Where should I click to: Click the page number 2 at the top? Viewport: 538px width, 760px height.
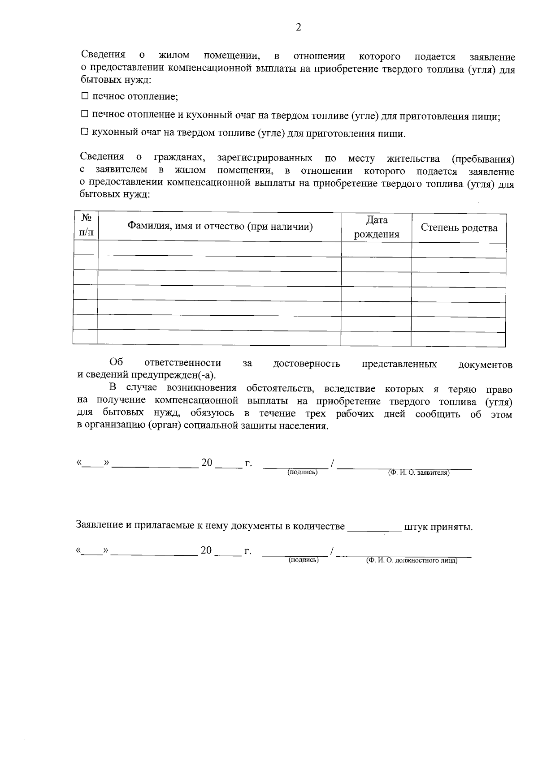point(299,27)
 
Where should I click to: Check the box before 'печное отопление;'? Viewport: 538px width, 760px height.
point(85,96)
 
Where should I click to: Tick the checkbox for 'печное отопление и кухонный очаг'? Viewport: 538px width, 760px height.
point(85,115)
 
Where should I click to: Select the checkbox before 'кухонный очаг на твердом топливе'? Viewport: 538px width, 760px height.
point(85,133)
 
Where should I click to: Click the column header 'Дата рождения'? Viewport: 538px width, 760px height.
point(377,227)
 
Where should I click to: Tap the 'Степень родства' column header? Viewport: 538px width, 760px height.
point(459,228)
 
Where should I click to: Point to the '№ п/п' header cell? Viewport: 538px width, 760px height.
point(86,225)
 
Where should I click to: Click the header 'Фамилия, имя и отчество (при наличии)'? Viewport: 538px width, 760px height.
point(220,226)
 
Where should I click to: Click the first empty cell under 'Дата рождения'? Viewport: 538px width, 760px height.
point(376,249)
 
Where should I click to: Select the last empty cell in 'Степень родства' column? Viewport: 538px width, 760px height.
point(458,339)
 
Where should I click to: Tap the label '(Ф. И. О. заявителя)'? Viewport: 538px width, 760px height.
point(418,472)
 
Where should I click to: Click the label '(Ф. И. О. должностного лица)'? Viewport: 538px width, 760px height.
point(412,560)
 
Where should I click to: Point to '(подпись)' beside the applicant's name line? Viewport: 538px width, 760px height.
point(302,472)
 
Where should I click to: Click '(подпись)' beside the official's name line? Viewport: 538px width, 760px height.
point(304,560)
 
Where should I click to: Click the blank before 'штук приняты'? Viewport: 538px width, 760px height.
point(374,527)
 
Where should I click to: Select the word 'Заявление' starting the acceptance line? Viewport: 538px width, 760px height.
point(100,525)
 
